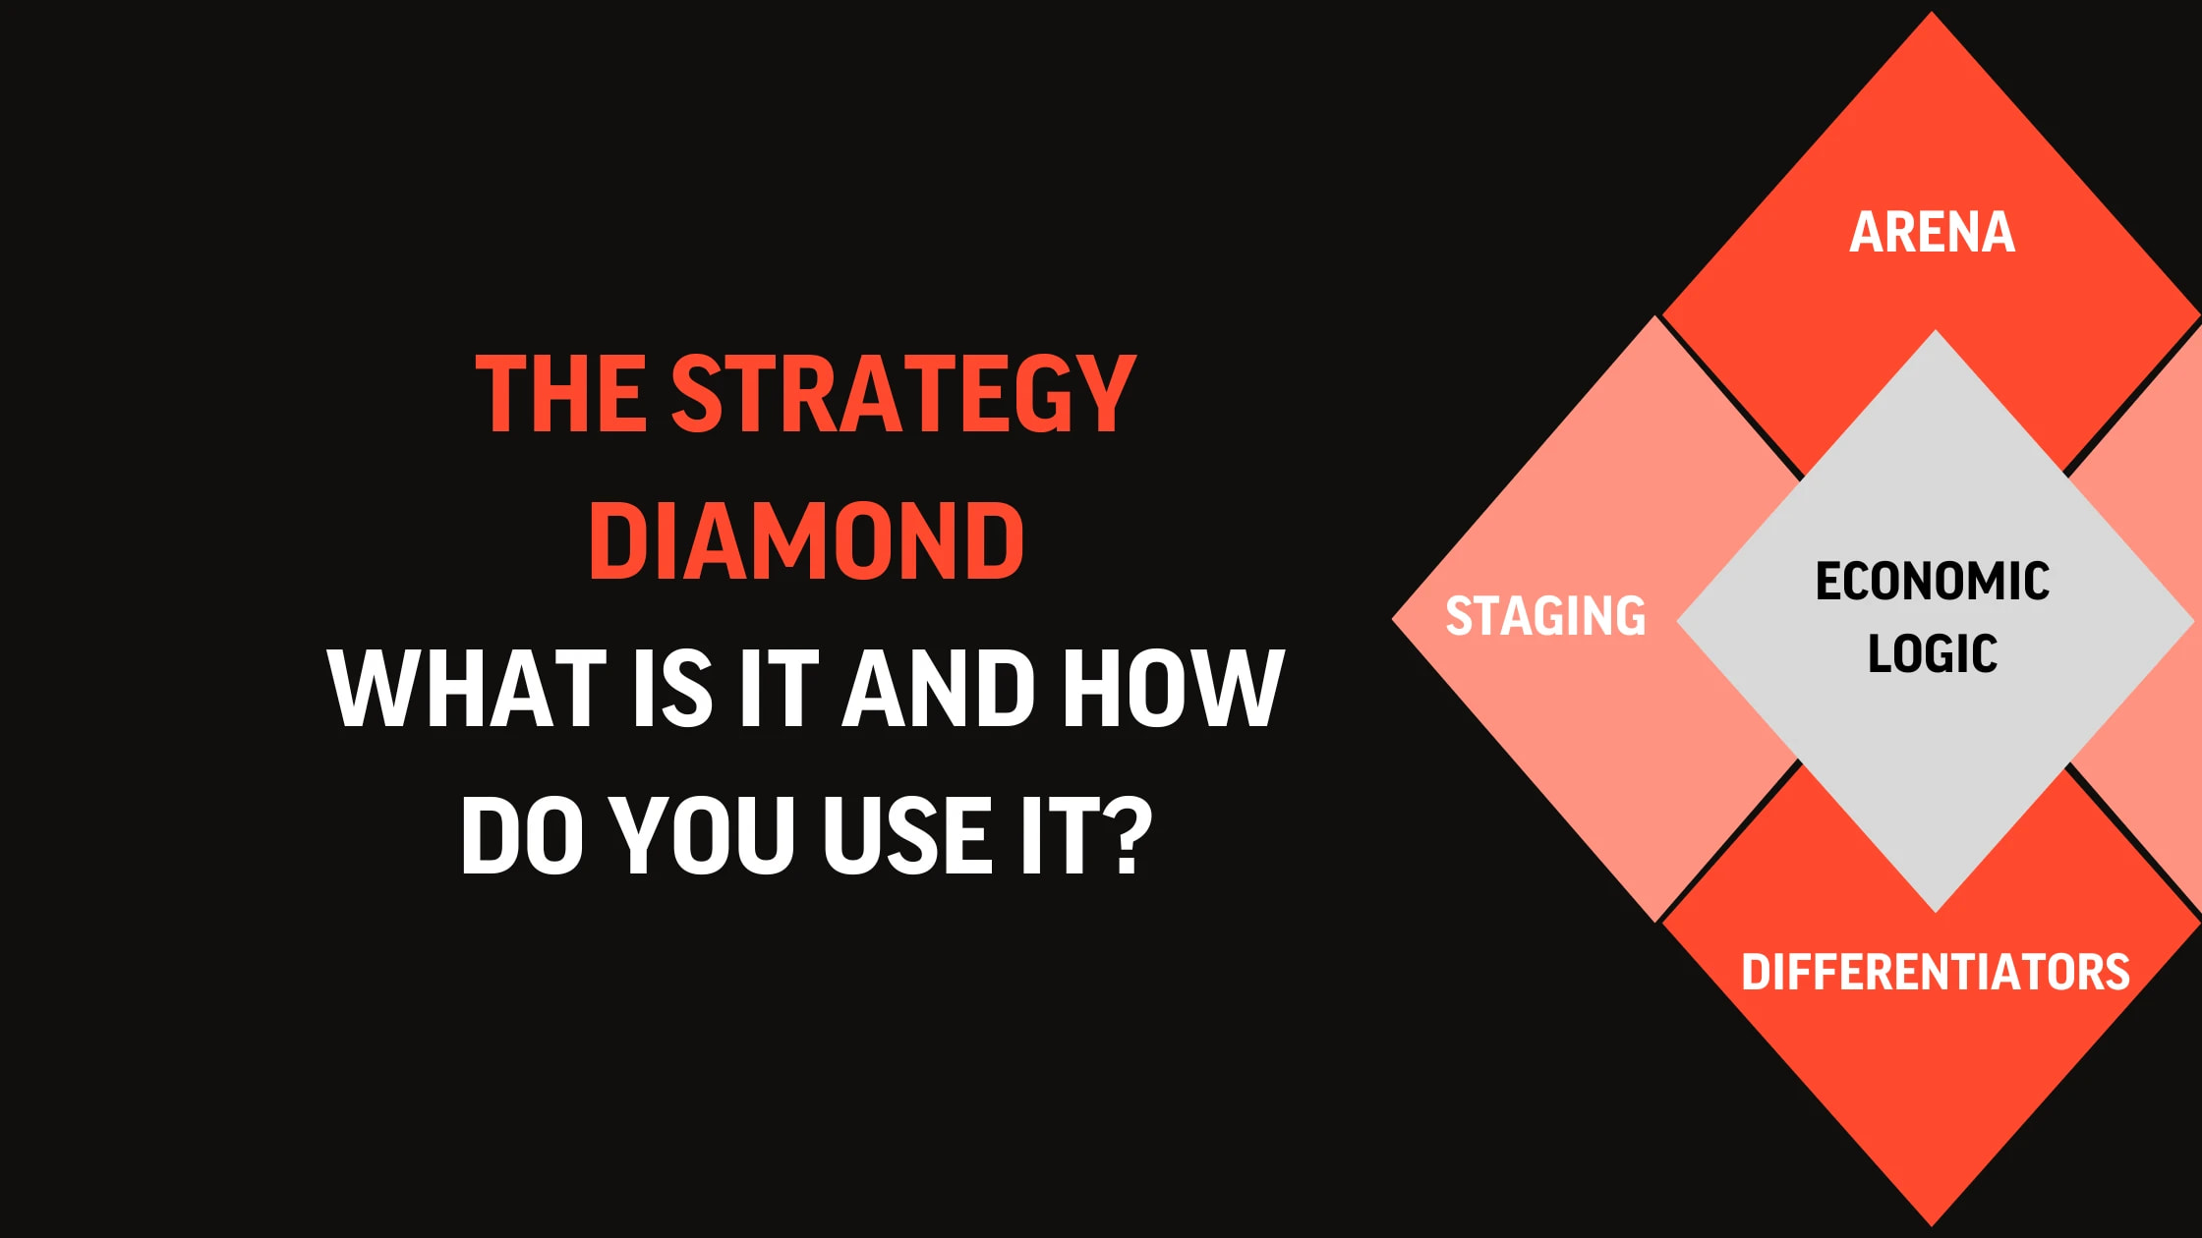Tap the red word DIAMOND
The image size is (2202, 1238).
[x=806, y=540]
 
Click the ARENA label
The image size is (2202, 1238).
[x=1933, y=233]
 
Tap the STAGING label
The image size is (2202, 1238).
[x=1545, y=616]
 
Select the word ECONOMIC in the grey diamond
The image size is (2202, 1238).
[x=1933, y=581]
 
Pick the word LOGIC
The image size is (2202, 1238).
[x=1933, y=653]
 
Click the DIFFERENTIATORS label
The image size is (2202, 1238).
[x=1936, y=972]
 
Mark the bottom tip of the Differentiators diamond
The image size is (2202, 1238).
[x=1933, y=1226]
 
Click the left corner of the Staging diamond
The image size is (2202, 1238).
[x=1392, y=619]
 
